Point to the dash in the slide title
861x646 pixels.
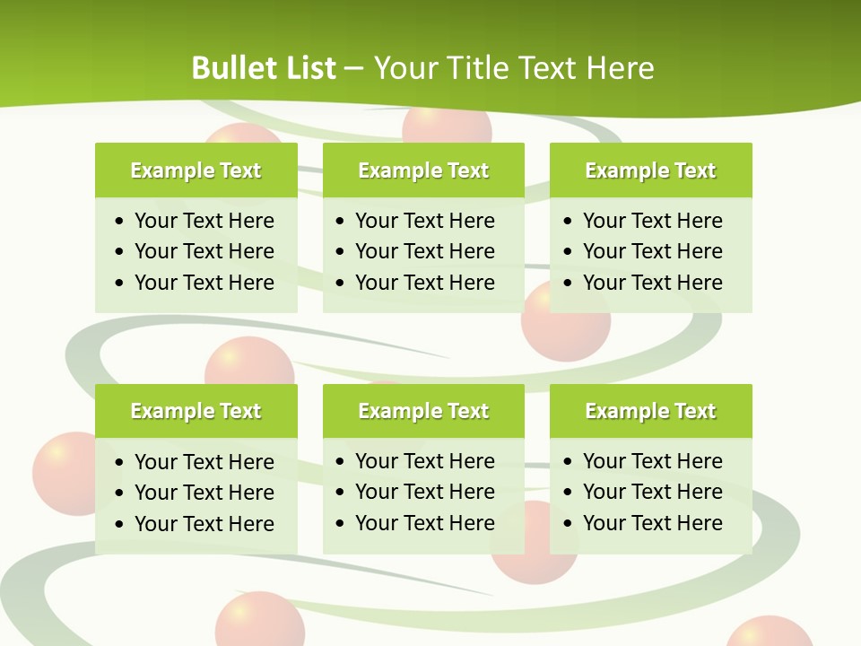pyautogui.click(x=353, y=69)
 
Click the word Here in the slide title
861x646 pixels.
pyautogui.click(x=619, y=68)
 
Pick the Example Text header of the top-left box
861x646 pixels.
pyautogui.click(x=196, y=170)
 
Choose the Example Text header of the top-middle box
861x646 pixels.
pyautogui.click(x=423, y=170)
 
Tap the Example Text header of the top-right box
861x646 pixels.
pyautogui.click(x=650, y=170)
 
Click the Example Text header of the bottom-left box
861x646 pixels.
pyautogui.click(x=196, y=411)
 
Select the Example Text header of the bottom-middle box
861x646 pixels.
pyautogui.click(x=423, y=411)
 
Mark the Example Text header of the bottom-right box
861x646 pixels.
pyautogui.click(x=650, y=411)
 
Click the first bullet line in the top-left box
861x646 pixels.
pyautogui.click(x=204, y=221)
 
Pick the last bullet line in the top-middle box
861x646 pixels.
pyautogui.click(x=424, y=283)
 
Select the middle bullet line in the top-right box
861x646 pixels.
pyautogui.click(x=652, y=251)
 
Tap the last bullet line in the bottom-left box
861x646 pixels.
pyautogui.click(x=204, y=524)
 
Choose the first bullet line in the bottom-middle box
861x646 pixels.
pyautogui.click(x=424, y=461)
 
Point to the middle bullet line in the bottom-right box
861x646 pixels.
pyautogui.click(x=652, y=492)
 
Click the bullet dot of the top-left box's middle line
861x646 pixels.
pyautogui.click(x=120, y=252)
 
